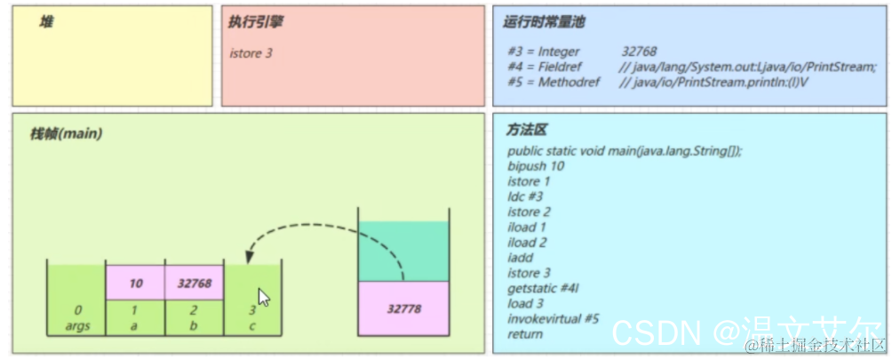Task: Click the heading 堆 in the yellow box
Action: click(x=45, y=22)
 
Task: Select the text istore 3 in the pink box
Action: click(x=251, y=53)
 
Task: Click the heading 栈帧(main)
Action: click(x=66, y=134)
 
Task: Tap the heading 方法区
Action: click(x=527, y=130)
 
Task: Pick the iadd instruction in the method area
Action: click(x=521, y=257)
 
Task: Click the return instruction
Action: click(x=524, y=333)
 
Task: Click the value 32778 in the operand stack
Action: click(x=403, y=309)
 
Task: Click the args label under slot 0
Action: click(x=77, y=325)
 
